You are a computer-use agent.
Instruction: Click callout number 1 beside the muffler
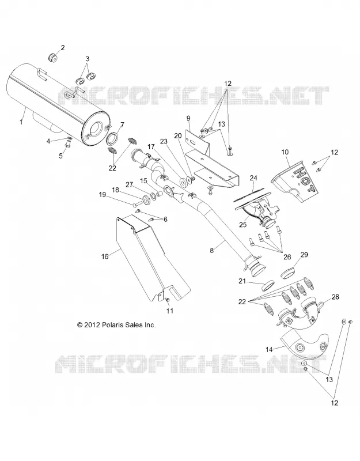point(21,122)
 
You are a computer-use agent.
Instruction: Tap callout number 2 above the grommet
point(63,48)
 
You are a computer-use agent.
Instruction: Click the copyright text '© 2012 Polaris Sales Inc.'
point(116,325)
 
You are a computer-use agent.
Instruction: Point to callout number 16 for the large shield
point(105,256)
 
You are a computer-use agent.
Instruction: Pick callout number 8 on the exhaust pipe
point(212,250)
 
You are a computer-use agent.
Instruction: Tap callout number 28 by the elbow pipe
point(335,297)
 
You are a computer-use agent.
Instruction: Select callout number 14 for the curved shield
point(269,349)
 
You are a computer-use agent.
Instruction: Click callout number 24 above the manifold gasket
point(253,178)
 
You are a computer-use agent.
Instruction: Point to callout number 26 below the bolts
point(287,256)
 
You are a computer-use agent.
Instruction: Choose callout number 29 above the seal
point(304,254)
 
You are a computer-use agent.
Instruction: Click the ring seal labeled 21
point(268,286)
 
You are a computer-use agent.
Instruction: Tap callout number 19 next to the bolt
point(103,195)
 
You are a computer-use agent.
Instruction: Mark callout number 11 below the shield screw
point(170,311)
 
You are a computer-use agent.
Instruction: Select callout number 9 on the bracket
point(188,118)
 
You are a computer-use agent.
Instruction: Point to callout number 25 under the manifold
point(242,225)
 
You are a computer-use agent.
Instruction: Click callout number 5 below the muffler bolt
point(61,156)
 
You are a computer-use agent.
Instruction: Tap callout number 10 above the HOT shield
point(285,152)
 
